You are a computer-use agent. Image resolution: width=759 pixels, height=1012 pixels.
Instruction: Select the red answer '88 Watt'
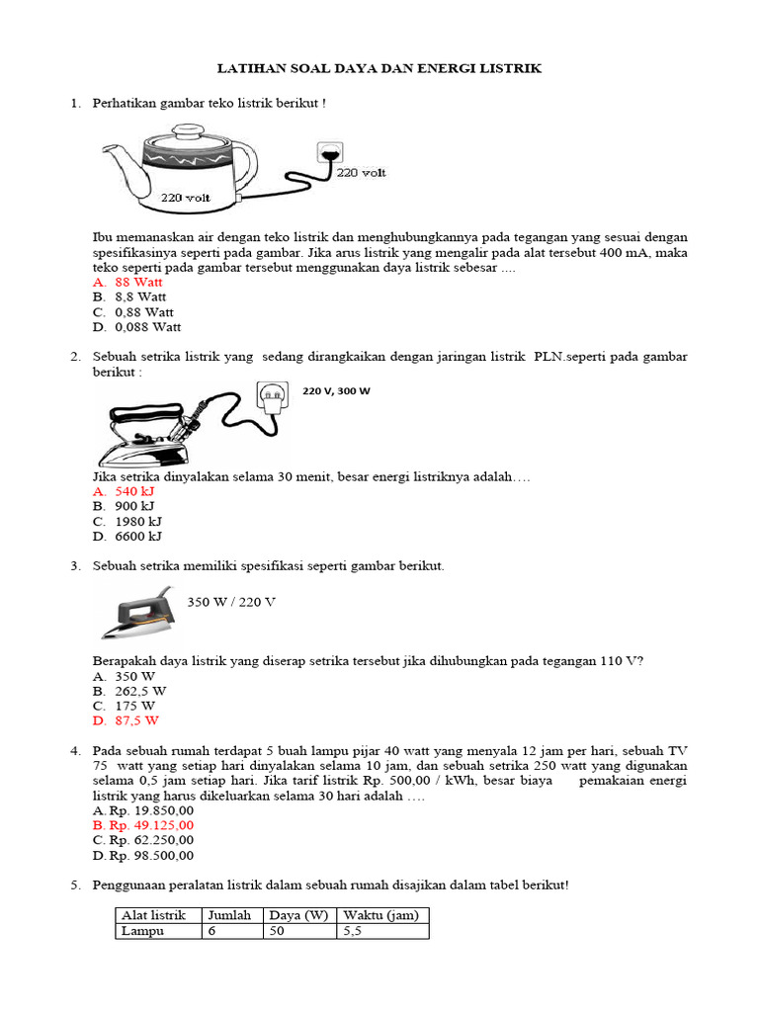[138, 282]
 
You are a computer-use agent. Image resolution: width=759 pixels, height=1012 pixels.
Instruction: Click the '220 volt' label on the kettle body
[187, 198]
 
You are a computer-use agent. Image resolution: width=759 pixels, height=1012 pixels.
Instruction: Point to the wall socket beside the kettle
[329, 153]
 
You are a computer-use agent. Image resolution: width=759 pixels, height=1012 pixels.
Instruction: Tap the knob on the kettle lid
[189, 127]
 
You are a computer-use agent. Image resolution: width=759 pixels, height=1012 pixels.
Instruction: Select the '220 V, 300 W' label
[336, 391]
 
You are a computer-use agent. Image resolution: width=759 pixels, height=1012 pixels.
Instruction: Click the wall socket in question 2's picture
[271, 397]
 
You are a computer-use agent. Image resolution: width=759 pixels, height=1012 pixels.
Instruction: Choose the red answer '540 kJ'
[134, 491]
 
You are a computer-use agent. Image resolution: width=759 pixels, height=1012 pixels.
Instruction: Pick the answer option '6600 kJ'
[138, 537]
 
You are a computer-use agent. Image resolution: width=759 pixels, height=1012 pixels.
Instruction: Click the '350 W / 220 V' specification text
[231, 602]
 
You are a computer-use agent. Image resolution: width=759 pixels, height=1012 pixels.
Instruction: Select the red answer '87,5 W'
[135, 721]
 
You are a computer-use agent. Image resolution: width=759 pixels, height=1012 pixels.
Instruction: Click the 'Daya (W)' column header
[299, 916]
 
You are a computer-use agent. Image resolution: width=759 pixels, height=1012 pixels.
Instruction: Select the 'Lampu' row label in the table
[140, 931]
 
